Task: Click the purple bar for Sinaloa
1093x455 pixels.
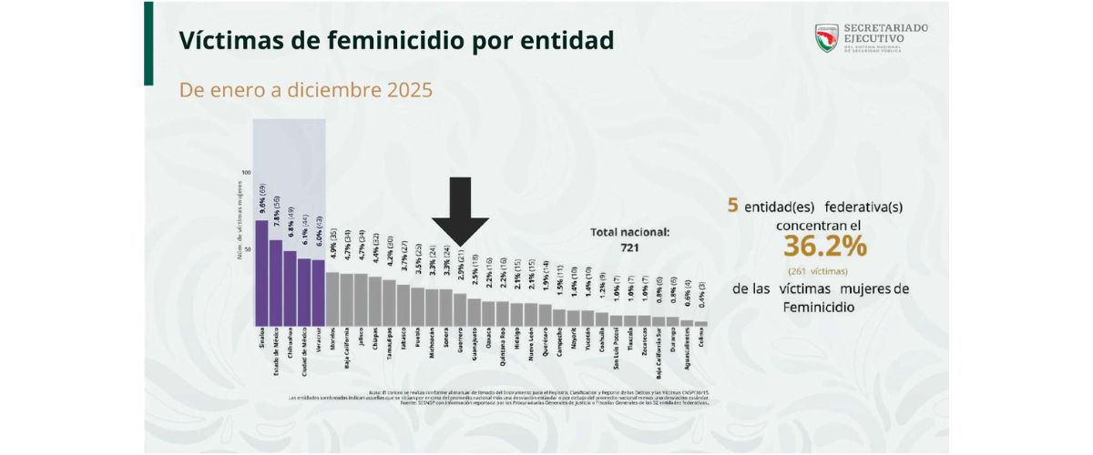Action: click(261, 273)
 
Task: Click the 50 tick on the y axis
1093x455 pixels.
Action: click(246, 248)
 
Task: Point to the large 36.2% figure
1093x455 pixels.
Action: click(822, 247)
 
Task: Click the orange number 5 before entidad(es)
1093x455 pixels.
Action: click(732, 206)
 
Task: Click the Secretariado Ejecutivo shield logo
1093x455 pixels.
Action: click(826, 37)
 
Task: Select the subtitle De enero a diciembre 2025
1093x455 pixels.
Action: click(305, 91)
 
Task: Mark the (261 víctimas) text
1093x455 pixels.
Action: click(822, 270)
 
